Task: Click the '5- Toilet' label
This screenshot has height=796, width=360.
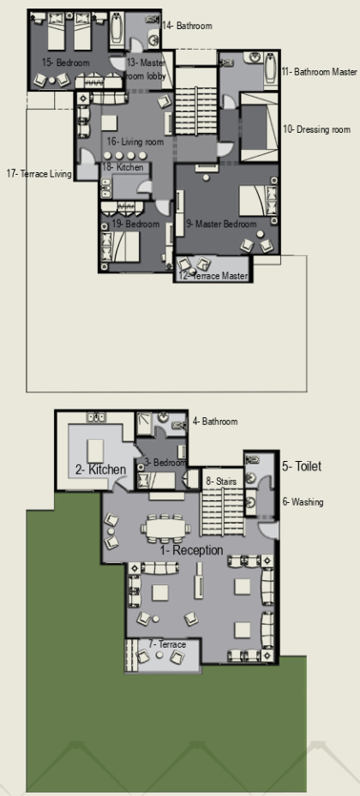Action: click(302, 466)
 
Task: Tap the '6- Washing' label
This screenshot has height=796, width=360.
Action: click(303, 502)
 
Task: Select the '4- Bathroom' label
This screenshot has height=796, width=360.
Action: click(215, 422)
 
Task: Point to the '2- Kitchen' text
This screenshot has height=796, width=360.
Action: click(100, 470)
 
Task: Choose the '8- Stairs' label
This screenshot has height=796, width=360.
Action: click(221, 482)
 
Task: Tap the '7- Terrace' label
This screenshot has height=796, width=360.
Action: click(167, 644)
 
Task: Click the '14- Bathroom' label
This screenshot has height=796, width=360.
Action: click(187, 26)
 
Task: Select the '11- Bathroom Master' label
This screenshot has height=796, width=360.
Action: click(319, 72)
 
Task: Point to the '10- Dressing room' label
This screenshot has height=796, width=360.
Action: click(316, 129)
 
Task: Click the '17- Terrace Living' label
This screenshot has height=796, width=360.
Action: click(39, 174)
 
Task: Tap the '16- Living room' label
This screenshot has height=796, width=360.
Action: click(135, 141)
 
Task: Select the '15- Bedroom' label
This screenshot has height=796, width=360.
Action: click(65, 63)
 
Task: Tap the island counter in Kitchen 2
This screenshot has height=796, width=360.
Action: click(95, 451)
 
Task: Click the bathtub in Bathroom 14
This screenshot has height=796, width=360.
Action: click(117, 30)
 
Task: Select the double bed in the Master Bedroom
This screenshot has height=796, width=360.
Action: click(259, 200)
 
